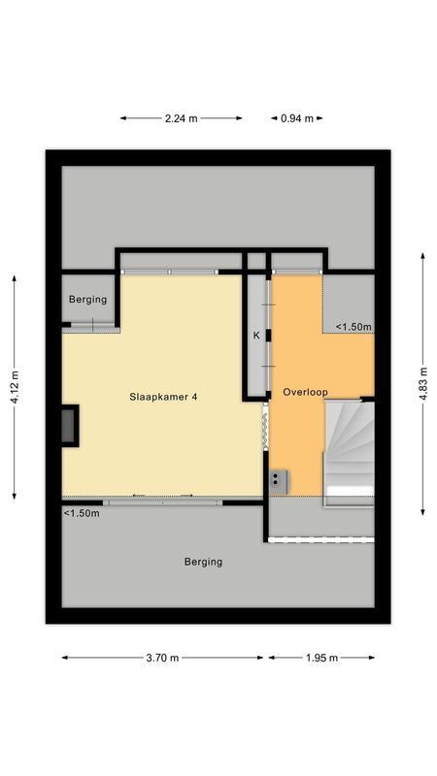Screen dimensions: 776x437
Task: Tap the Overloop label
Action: [305, 392]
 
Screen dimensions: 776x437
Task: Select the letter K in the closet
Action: [256, 335]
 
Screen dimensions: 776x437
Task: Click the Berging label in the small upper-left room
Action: [88, 300]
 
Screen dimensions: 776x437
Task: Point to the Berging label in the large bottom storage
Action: [203, 562]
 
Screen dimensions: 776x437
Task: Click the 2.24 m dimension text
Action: [181, 118]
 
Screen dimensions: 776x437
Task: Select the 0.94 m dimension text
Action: [297, 118]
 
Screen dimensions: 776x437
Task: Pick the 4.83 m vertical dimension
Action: [423, 384]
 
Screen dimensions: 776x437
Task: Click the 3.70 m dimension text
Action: [161, 658]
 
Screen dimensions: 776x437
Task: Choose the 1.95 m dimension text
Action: [320, 658]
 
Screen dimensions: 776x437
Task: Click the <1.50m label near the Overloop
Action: [353, 327]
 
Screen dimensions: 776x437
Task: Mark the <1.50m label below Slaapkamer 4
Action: [82, 513]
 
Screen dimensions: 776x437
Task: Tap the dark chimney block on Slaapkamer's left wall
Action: [70, 426]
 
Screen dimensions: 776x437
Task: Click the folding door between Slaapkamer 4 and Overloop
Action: [264, 427]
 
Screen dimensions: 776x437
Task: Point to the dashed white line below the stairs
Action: [320, 539]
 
